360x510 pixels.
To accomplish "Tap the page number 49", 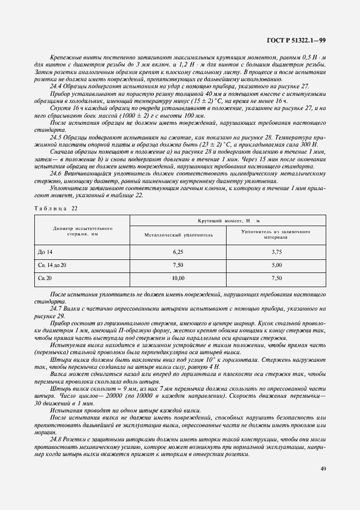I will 322,467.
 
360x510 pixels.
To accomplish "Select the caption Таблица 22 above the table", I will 56,208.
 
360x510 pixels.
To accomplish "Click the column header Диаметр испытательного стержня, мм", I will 82,231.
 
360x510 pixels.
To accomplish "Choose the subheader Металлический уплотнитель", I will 179,235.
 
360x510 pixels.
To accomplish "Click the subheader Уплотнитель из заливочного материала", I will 276,235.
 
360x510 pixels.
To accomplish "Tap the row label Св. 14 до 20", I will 52,265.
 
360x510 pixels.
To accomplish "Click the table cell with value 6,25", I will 179,252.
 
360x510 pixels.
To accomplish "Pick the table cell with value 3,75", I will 276,252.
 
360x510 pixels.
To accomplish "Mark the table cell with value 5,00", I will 276,265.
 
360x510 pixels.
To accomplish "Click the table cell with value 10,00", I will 179,278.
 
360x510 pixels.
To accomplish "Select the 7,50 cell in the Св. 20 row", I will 276,278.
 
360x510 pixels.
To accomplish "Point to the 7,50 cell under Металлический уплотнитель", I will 179,265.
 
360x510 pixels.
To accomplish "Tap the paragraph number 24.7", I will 57,308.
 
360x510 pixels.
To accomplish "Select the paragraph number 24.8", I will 57,438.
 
